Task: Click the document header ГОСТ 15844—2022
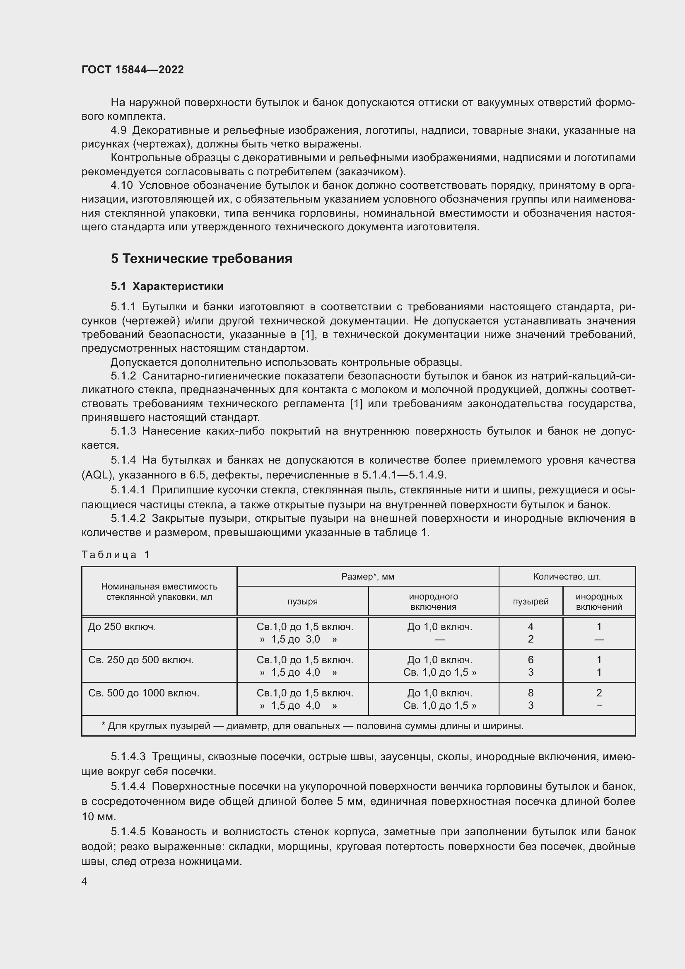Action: (x=133, y=70)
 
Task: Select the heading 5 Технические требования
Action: (x=201, y=258)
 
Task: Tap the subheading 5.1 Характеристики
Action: (x=167, y=286)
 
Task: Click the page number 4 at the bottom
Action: (x=84, y=881)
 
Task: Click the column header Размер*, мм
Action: (x=367, y=577)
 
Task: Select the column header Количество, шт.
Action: (x=567, y=577)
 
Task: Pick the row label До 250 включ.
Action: (x=122, y=627)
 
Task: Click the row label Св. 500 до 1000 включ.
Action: (x=143, y=693)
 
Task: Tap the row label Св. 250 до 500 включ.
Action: (x=141, y=660)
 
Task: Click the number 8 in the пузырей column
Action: (x=530, y=693)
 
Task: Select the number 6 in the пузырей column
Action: (x=530, y=660)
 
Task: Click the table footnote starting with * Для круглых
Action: (x=312, y=726)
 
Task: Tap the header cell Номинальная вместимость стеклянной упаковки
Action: (x=159, y=592)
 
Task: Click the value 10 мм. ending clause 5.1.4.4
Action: (x=99, y=817)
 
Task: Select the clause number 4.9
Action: (x=118, y=130)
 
